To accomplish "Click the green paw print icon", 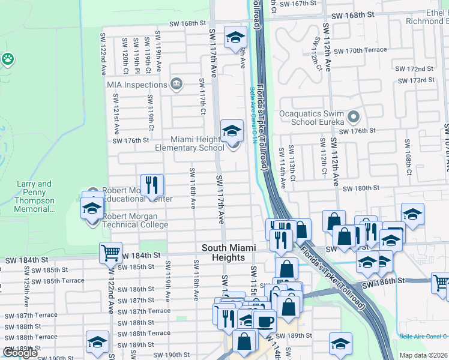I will click(x=8, y=59).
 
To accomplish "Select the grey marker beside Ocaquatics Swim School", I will click(x=353, y=116).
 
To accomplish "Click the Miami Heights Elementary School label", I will click(x=189, y=143).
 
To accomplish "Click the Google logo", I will click(x=20, y=353).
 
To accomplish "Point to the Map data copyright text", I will click(x=424, y=355).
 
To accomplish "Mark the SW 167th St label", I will click(x=306, y=4).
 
